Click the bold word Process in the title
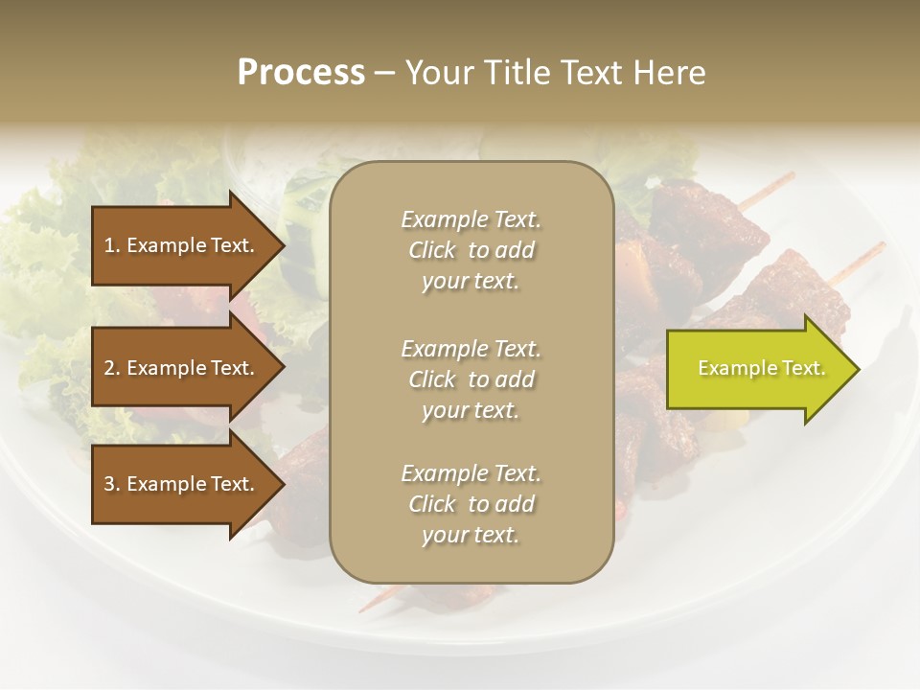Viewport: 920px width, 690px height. pos(301,73)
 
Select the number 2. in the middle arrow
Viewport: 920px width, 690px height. pos(112,368)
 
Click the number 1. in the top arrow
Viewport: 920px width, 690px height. pos(112,245)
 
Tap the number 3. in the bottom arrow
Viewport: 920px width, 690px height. pos(112,484)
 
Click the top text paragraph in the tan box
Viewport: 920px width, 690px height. pos(471,250)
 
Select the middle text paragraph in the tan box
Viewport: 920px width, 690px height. pos(471,379)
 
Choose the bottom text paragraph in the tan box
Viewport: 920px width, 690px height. pos(471,504)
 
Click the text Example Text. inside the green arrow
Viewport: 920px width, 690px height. pos(761,369)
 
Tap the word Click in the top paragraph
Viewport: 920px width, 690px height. pos(432,250)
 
